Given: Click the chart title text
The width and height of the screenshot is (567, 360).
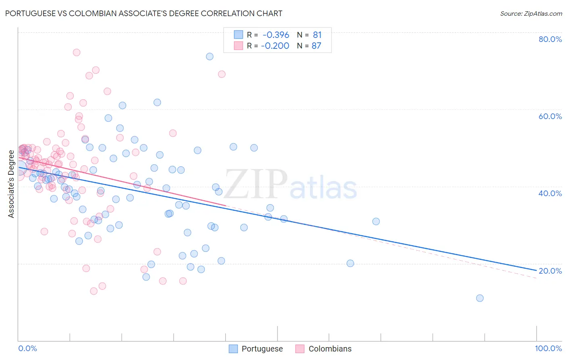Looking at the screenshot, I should (x=144, y=13).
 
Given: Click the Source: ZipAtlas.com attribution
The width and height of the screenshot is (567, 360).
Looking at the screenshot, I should (x=531, y=13).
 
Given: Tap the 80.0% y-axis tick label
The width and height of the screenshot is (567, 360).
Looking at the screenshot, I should (x=550, y=39).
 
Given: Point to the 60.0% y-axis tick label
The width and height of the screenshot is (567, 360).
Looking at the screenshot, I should (x=550, y=116).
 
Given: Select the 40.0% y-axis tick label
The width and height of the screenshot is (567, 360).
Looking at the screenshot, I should (x=550, y=193).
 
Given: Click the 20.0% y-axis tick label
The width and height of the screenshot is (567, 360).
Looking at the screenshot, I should (x=550, y=271).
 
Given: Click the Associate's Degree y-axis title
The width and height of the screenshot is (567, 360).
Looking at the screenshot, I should (x=11, y=184).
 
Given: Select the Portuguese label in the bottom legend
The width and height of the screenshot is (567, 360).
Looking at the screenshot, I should (x=262, y=349).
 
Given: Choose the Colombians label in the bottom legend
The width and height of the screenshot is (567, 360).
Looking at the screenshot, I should (x=330, y=349).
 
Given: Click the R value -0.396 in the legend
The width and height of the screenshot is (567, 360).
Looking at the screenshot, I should (x=276, y=35).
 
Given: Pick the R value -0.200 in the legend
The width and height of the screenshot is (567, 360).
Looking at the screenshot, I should (x=275, y=46).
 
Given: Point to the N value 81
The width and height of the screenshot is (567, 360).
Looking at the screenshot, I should (x=317, y=35).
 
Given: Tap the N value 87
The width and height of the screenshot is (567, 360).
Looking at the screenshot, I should (x=317, y=46).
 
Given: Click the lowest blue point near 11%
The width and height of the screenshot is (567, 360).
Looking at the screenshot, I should (x=479, y=298).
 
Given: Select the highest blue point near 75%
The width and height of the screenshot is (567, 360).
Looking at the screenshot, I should (x=210, y=57).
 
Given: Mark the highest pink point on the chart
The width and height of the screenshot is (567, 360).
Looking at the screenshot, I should (x=76, y=52).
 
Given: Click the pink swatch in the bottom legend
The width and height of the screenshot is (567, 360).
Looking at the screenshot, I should (x=300, y=349).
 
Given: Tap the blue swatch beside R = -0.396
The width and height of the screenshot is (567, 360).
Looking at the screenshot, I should (x=238, y=35).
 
